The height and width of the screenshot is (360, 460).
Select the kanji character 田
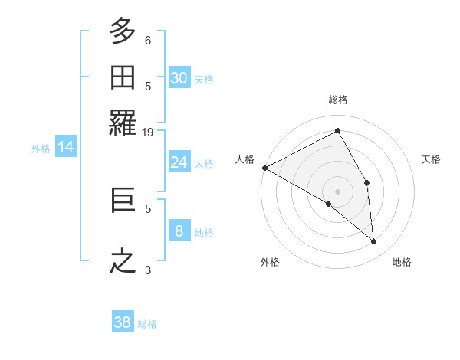coord(123,78)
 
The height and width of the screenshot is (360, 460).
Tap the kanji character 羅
coord(123,123)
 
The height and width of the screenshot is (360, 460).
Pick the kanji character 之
coord(123,261)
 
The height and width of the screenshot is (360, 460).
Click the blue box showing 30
coord(179,78)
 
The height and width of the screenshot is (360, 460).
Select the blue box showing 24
coord(179,162)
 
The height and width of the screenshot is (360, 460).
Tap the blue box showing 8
coord(179,231)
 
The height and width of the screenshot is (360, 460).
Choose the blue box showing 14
coord(66,148)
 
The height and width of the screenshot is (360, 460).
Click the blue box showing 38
coord(123,322)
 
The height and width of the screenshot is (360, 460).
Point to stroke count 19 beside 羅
coord(148,132)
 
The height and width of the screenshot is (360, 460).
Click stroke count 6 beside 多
coord(148,40)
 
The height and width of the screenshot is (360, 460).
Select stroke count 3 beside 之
coord(148,270)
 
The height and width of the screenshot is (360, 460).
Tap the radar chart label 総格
coord(338,100)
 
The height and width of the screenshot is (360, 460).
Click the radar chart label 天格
coord(432,159)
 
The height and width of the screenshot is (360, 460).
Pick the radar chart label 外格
coord(270,262)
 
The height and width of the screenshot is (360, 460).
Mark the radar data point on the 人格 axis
coord(264,168)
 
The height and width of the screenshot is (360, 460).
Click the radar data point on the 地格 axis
coord(374,242)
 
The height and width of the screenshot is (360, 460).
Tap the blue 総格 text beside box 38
coord(147,324)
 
